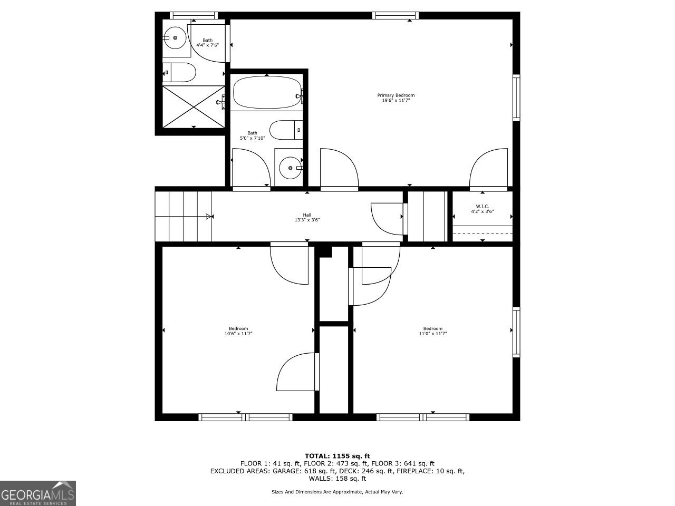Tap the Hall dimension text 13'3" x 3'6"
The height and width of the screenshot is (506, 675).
[x=307, y=220]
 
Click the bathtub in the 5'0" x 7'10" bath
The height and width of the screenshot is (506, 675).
[x=267, y=93]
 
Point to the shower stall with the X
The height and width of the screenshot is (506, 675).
[x=193, y=106]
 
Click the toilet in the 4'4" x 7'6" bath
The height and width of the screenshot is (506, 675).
[x=179, y=72]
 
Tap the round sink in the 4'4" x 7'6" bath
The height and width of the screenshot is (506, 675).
[x=175, y=38]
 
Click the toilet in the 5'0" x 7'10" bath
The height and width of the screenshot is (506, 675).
[x=285, y=130]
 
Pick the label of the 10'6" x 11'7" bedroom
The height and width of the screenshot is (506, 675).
[x=238, y=331]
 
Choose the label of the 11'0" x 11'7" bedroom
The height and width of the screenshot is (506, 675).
[x=432, y=331]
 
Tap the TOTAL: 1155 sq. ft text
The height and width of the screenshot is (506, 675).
[x=337, y=456]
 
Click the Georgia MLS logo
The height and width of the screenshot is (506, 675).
[x=38, y=493]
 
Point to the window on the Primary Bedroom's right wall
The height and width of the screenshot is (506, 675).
[x=516, y=98]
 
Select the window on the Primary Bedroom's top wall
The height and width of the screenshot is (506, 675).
[x=396, y=15]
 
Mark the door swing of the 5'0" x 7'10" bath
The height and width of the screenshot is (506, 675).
[x=250, y=168]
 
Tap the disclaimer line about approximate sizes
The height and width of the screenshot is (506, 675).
[x=337, y=492]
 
